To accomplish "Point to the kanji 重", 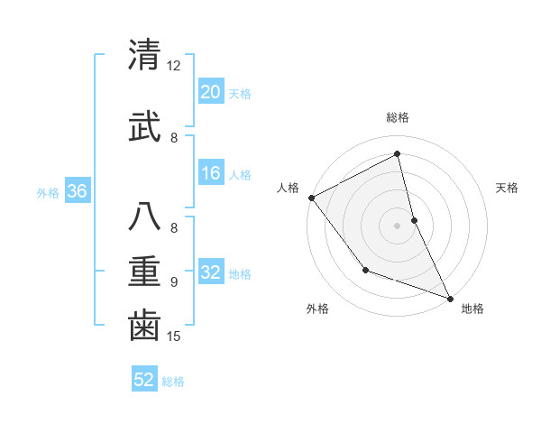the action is tap(144, 271).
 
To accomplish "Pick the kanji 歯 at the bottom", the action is tap(144, 326).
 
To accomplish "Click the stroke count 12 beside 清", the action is tap(174, 66).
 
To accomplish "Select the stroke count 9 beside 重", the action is tap(173, 281).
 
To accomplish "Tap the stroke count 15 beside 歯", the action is tap(174, 336).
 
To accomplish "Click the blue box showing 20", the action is tap(210, 92).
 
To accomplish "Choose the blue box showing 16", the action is tap(210, 174).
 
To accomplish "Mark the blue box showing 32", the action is tap(210, 273).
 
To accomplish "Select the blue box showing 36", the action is tap(77, 192).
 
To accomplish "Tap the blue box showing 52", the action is tap(144, 380).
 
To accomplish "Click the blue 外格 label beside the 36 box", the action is tap(48, 193).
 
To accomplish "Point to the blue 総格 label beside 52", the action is tap(173, 381).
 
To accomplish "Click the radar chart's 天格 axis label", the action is tap(508, 188).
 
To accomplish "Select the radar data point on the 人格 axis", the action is tap(311, 198).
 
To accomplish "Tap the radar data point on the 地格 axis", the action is tap(450, 298).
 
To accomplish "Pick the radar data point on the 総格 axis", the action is tap(398, 154).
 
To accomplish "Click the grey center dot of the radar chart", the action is tap(398, 225).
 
